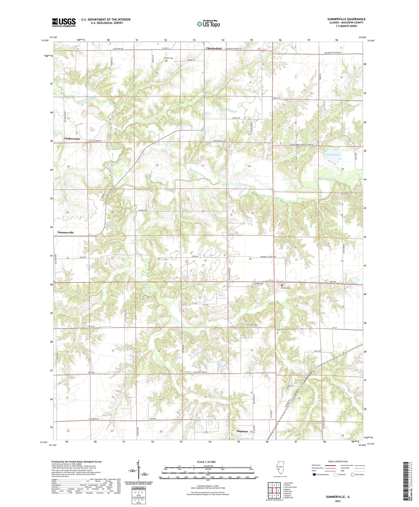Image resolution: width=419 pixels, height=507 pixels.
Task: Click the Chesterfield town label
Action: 214,48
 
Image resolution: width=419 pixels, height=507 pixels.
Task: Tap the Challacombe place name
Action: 72,139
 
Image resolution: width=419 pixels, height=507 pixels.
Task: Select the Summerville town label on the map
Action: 66,232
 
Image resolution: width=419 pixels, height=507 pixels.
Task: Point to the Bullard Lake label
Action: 333,155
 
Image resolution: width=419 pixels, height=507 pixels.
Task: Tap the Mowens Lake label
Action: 213,362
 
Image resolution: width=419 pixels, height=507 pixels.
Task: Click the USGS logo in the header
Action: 64,22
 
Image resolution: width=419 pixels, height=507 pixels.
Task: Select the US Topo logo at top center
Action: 208,24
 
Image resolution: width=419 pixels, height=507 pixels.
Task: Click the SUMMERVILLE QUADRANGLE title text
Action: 346,19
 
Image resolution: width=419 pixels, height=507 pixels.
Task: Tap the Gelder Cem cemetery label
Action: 168,58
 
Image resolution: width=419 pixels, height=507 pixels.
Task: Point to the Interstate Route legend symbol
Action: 314,475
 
